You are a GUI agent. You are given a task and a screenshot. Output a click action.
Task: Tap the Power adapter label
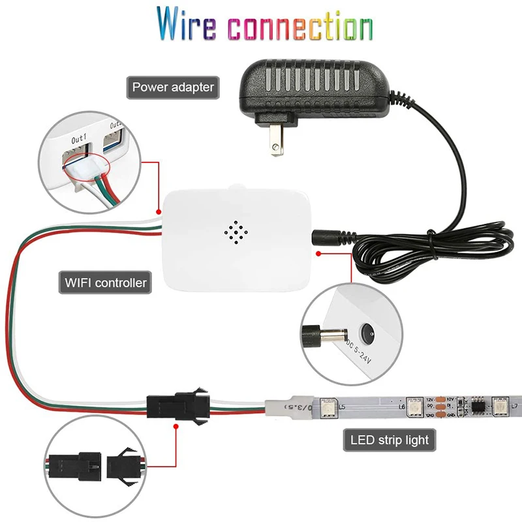(173, 86)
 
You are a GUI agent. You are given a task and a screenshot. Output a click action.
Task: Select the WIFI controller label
(106, 283)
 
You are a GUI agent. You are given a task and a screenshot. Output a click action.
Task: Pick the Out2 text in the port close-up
(115, 125)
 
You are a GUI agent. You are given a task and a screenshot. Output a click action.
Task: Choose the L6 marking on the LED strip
(401, 412)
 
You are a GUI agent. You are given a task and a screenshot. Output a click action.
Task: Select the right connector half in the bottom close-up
(125, 465)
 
